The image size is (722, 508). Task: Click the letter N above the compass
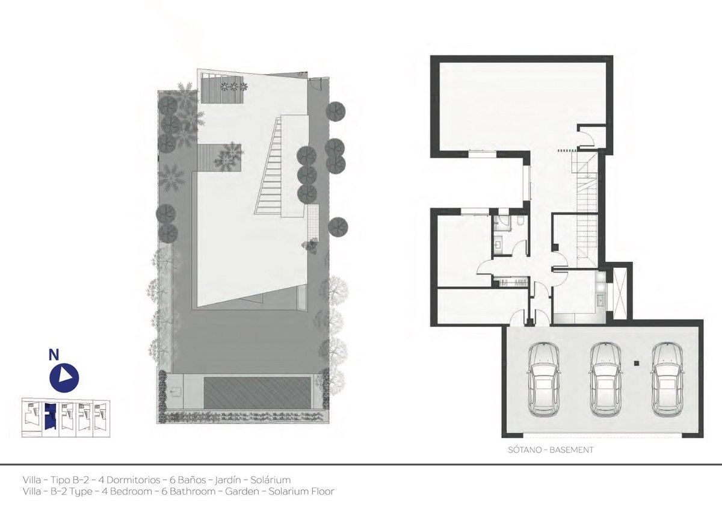point(54,355)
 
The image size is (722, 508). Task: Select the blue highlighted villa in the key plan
point(50,416)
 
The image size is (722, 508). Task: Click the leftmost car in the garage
point(544,379)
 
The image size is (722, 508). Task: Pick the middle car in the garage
point(606,379)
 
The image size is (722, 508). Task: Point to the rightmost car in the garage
point(667,379)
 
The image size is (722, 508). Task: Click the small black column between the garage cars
point(637,364)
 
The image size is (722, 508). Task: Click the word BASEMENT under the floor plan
point(572,450)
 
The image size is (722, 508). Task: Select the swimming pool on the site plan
point(257,392)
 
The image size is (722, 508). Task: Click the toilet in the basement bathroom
point(520,221)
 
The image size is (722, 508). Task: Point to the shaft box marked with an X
point(620,293)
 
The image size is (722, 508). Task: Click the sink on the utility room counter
point(601,300)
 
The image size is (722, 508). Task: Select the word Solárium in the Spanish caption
point(270,480)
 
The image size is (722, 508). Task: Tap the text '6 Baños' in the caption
point(188,480)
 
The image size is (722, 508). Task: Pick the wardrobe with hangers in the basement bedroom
point(513,283)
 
